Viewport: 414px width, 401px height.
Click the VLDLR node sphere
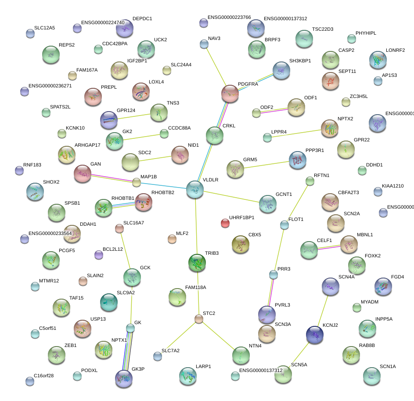point(195,189)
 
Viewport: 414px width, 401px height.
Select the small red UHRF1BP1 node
point(225,224)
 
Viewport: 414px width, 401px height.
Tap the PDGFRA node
point(230,94)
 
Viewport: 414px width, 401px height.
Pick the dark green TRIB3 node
point(197,262)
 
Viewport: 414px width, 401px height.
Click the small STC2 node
point(199,319)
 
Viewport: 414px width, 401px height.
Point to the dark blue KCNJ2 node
point(315,335)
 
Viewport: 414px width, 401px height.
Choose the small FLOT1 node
point(284,225)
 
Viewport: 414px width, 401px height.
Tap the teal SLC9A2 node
point(108,302)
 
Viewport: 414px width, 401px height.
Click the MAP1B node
point(137,182)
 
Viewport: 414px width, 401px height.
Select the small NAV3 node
point(204,44)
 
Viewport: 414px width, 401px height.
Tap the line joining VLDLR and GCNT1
point(231,196)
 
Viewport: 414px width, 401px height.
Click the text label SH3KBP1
point(300,61)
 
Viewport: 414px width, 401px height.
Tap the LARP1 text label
point(203,366)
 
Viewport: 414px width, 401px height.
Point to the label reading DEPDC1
point(142,19)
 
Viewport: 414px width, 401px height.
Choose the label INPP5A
point(384,319)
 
